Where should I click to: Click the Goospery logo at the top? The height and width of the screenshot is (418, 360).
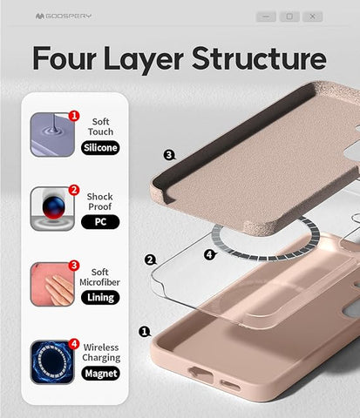coord(64,16)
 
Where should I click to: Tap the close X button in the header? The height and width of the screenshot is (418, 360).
coord(312,17)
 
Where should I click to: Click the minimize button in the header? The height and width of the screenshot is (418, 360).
coord(266,17)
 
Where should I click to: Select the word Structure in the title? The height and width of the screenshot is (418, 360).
coord(259,58)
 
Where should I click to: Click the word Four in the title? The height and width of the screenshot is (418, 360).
coord(65,58)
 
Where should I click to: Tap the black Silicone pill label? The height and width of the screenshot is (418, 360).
coord(100,148)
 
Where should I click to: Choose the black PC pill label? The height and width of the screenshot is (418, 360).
coord(100,222)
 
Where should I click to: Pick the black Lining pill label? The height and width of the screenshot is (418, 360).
coord(100,298)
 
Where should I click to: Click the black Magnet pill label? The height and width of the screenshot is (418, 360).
coord(101,374)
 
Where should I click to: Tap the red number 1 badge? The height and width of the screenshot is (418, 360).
coord(74,116)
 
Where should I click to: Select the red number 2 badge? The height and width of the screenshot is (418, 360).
coord(74,190)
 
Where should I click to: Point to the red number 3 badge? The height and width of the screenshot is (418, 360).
coord(74,266)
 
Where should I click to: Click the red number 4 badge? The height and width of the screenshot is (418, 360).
coord(74,344)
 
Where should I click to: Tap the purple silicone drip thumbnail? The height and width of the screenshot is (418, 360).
coord(52,135)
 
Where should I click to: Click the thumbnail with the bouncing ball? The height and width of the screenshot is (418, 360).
coord(52,209)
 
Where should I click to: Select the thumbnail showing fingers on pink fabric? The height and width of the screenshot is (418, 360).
coord(52,284)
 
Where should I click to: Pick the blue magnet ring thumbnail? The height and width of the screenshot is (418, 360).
coord(52,362)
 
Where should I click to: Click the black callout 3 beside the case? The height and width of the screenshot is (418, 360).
coord(169,155)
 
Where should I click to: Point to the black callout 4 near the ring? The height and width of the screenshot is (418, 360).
coord(209,255)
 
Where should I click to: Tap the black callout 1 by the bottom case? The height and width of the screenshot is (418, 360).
coord(145,331)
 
